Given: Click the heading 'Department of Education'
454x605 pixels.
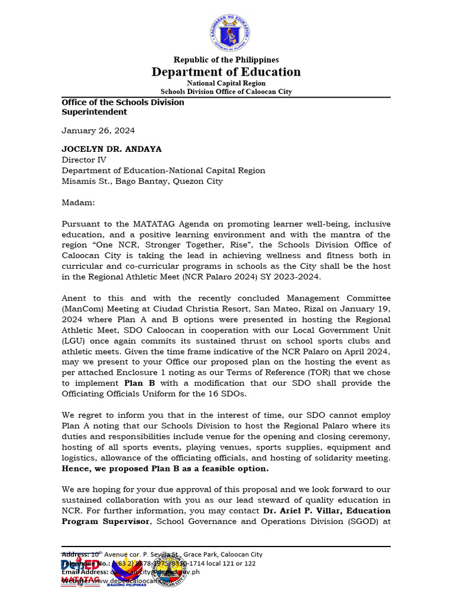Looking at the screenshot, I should point(226,72).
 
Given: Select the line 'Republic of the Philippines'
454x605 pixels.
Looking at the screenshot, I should point(226,60).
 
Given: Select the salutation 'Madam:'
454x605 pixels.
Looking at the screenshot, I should point(78,203).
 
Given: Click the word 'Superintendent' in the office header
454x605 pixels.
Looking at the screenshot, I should point(94,112).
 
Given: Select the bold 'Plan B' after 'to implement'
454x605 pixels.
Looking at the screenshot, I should point(140,383).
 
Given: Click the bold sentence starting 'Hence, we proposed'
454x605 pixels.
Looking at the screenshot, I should point(165,469).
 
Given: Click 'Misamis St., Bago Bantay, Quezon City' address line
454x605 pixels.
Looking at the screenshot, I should point(142,181).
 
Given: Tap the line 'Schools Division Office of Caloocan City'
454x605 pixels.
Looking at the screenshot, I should point(226,92).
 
